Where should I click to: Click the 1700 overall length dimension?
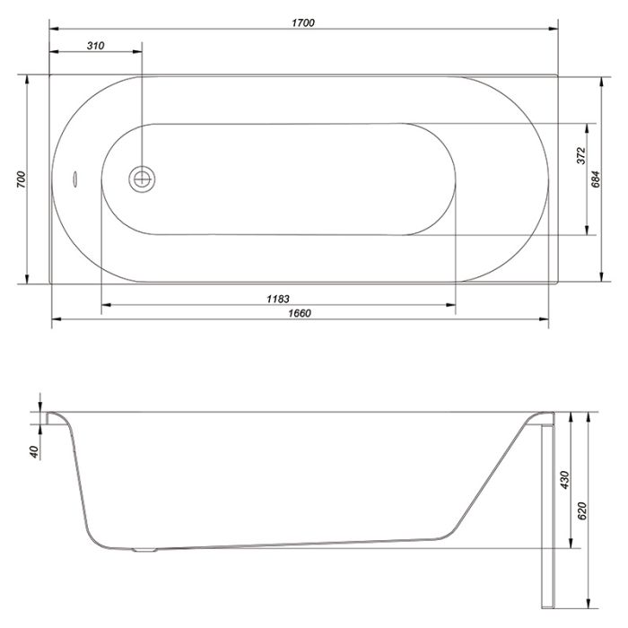pyautogui.click(x=303, y=22)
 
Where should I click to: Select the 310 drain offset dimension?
pyautogui.click(x=95, y=46)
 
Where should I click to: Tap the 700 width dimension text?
pyautogui.click(x=22, y=179)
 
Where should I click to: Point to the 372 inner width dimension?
pyautogui.click(x=581, y=155)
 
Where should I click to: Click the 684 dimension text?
pyautogui.click(x=596, y=179)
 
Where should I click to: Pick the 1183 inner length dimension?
pyautogui.click(x=278, y=299)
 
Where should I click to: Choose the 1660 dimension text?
pyautogui.click(x=300, y=313)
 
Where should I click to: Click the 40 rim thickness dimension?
pyautogui.click(x=35, y=452)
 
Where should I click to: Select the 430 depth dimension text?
pyautogui.click(x=564, y=480)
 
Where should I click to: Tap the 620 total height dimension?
pyautogui.click(x=582, y=511)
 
